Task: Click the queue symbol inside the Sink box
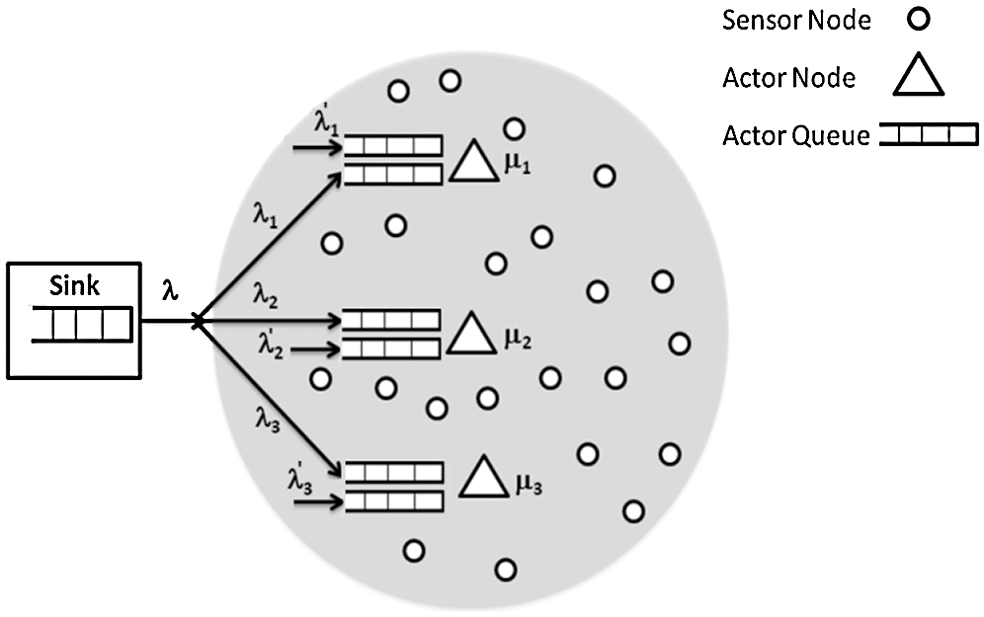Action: click(82, 324)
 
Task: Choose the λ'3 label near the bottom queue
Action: click(299, 480)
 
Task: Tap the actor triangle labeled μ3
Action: click(485, 479)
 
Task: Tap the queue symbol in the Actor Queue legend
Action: click(928, 135)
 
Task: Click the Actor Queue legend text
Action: click(794, 135)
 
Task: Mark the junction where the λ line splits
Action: click(199, 321)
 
